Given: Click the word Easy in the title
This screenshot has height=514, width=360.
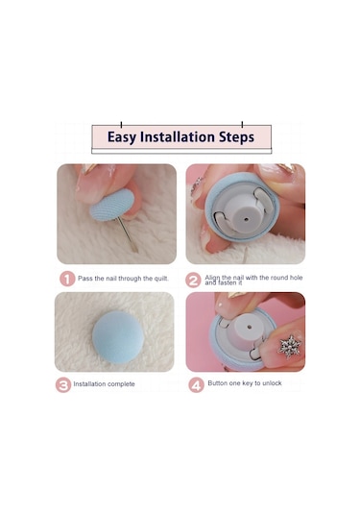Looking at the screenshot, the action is coord(121,137).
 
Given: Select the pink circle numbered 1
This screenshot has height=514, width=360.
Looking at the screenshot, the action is coord(67,279).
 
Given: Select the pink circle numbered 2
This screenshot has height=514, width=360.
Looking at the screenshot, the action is coord(193,281).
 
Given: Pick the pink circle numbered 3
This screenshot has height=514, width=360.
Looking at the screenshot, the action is coord(63,385).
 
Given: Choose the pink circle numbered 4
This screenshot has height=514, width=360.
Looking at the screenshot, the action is coord(196,385).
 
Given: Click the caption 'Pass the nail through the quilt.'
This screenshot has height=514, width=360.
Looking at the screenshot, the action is coord(123,279).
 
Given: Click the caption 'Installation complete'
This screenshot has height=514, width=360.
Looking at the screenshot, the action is coord(104,384).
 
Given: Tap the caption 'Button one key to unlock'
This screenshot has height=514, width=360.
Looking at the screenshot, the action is coord(245,383).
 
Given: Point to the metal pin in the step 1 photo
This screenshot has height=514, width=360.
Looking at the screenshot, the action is coord(128,234).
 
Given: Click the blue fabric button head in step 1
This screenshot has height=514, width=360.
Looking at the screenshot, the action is coord(112,205).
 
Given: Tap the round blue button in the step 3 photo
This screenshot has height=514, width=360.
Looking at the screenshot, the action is coord(118,337).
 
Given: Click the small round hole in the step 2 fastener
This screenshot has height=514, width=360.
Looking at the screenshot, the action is coord(246,218).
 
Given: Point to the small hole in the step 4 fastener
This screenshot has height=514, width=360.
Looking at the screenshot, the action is coord(250,328).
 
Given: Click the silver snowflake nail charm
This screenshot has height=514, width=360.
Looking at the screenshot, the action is coord(290,347).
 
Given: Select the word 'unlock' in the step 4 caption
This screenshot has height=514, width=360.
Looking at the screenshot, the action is coord(272,383).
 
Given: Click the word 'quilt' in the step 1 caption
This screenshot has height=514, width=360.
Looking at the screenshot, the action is coord(160,279).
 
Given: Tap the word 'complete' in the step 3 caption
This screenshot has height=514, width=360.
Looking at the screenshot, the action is coord(121,384).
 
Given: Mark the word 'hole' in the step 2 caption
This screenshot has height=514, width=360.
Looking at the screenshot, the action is coord(296,278).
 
